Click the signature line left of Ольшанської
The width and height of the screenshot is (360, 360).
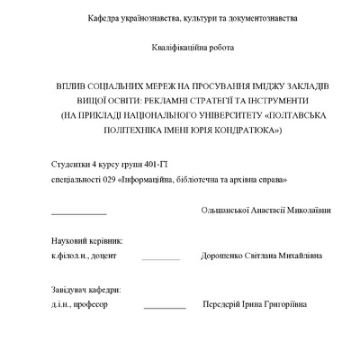[x=78, y=213]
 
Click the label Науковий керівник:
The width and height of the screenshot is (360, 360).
[x=87, y=242]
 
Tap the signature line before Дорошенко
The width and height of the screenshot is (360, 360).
[x=160, y=258]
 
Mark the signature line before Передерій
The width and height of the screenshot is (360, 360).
[x=164, y=307]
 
